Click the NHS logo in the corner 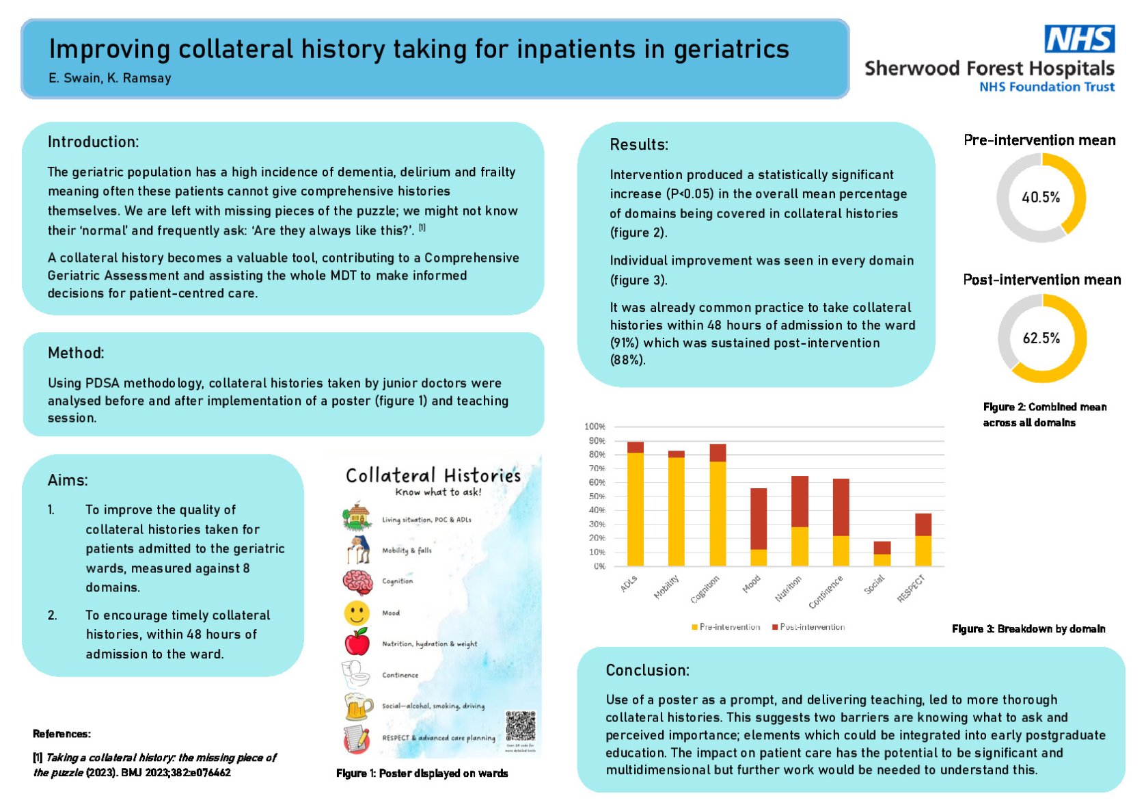coord(1079,39)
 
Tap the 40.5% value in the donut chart coord(1040,198)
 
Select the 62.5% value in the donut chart coord(1041,338)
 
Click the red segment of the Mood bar coord(759,519)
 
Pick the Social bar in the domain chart coord(882,554)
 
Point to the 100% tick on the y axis coord(595,427)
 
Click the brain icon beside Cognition coord(357,582)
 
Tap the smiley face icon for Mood coord(357,613)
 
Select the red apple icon coord(357,643)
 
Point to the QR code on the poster coord(520,726)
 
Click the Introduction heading coord(93,142)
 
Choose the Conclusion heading coord(647,670)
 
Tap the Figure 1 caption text coord(422,773)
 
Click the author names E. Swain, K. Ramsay coord(109,78)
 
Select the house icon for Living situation coord(356,517)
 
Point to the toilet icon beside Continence coord(356,674)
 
